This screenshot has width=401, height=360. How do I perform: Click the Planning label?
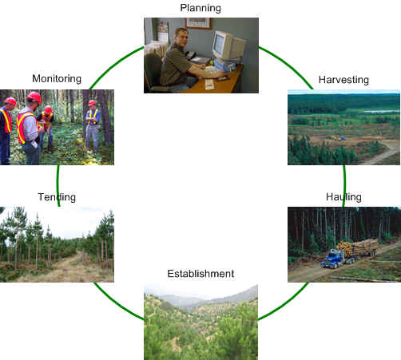(200, 8)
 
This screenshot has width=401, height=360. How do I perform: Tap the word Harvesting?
(343, 81)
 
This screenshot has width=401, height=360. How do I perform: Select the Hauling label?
(343, 196)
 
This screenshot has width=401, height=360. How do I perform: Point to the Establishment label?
(200, 274)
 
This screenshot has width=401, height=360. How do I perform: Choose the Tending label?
(57, 196)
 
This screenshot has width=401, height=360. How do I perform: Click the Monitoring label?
(57, 78)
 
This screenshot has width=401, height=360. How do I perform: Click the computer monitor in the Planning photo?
(228, 46)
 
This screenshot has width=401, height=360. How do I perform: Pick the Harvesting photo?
(343, 128)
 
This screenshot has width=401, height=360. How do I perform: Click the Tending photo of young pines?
(57, 244)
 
